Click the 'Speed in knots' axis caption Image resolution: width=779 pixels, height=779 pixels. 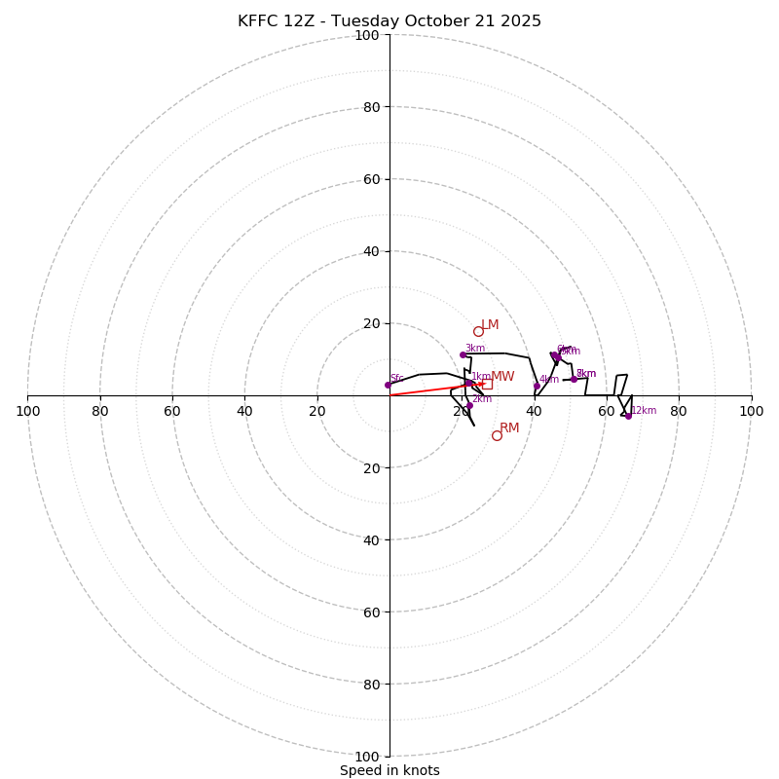pos(389,770)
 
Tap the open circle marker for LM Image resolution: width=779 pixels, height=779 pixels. pos(478,331)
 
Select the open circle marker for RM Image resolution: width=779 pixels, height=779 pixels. pos(497,435)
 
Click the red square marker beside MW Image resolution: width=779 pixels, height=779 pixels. pos(487,384)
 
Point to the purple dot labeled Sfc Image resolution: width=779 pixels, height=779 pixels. pos(388,385)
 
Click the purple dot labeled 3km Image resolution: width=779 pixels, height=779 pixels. pos(463,354)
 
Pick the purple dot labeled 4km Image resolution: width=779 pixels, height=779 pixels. pos(537,386)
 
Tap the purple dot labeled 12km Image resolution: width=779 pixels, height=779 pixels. pos(628,416)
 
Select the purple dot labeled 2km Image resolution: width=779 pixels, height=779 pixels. pos(469,405)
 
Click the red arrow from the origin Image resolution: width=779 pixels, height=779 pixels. pos(433,389)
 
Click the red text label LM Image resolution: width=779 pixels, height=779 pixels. pos(490,325)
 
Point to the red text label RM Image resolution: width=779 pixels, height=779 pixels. pos(509,428)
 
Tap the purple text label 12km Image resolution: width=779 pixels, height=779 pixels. pos(644,411)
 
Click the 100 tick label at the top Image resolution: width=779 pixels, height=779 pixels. pos(367,35)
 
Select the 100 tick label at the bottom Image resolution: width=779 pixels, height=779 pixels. pos(367,757)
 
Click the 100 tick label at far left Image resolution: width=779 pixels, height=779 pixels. pos(27,411)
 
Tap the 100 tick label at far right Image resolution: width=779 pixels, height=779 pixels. pos(751,411)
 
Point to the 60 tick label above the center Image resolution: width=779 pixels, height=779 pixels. pos(373,179)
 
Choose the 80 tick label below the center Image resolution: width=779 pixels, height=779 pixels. pos(373,685)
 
